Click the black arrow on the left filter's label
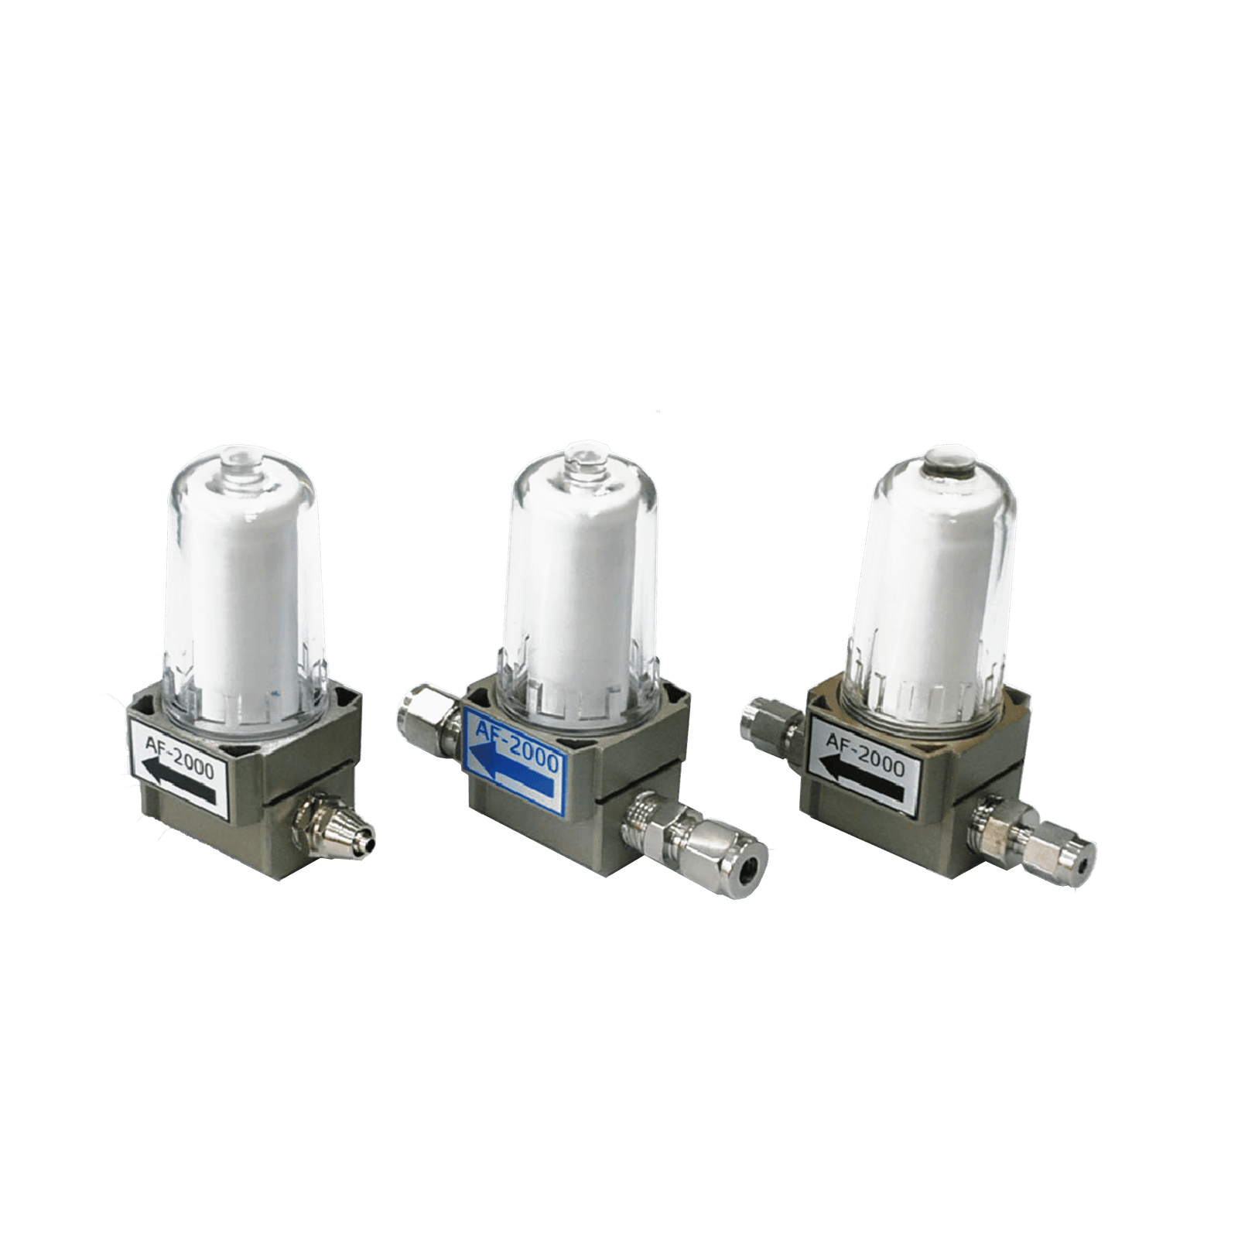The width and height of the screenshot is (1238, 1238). (179, 781)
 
